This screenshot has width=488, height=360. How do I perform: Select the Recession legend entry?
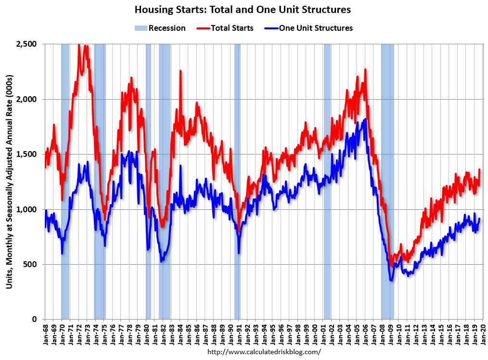[x=160, y=28]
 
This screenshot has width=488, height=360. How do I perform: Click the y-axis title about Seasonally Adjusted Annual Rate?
[x=9, y=182]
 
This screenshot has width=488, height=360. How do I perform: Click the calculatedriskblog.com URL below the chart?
[x=263, y=352]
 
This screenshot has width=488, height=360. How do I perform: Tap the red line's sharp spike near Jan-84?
[x=180, y=71]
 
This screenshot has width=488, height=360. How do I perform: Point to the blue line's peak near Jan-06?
[x=366, y=119]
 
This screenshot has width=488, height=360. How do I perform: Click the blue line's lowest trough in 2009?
[x=391, y=280]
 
